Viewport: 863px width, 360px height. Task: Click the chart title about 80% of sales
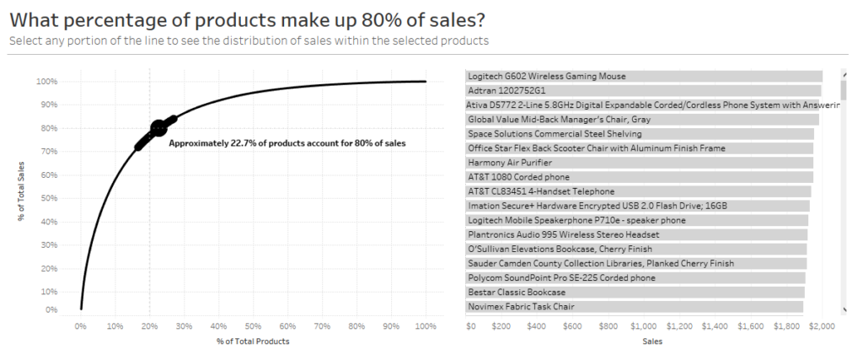249,19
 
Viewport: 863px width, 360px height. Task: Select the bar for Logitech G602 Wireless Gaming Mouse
644,76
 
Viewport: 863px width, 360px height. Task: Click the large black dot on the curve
158,128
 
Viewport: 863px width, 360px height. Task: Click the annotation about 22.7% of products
287,144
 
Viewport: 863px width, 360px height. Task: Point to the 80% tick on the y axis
46,128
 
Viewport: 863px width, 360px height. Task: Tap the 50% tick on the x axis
253,326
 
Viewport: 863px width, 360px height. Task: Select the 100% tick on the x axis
426,326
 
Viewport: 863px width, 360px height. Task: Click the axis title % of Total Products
253,341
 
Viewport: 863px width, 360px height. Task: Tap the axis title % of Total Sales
20,192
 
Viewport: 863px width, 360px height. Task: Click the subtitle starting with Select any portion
249,40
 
